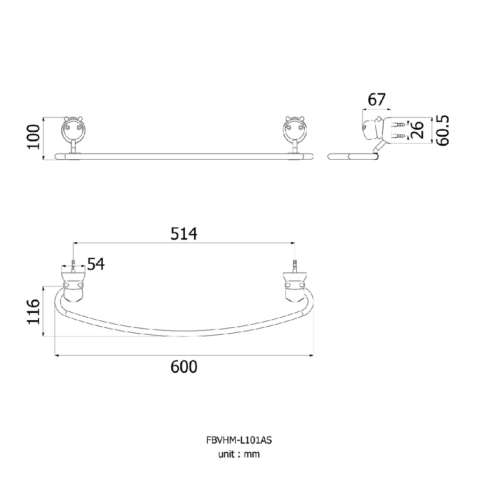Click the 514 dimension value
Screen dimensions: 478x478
pos(184,234)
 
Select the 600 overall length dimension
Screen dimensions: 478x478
pos(184,366)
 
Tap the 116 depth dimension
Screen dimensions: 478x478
pos(34,311)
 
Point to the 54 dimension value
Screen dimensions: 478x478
pos(96,264)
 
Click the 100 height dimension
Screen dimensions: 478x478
pos(34,137)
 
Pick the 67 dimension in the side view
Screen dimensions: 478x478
pos(377,99)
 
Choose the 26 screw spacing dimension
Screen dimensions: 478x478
pos(417,130)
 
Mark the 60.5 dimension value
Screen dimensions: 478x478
pos(443,130)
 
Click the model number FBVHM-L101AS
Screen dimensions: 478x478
pos(239,440)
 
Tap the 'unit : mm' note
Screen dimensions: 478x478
pos(239,454)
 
